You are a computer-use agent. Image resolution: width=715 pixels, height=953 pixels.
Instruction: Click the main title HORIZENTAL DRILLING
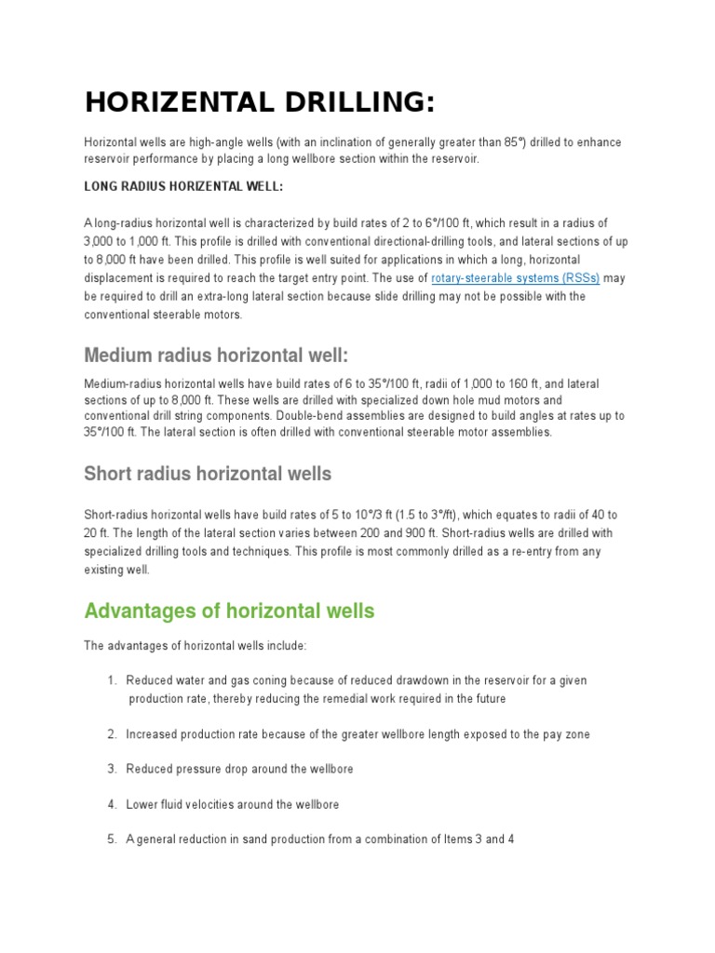260,102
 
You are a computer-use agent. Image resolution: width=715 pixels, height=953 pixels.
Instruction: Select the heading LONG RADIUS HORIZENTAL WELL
183,186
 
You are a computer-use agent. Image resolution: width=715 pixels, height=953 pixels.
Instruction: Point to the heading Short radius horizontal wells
208,474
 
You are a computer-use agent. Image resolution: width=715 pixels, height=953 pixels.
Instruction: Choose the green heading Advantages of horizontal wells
229,611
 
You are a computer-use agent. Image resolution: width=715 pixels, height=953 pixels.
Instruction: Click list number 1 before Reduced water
112,680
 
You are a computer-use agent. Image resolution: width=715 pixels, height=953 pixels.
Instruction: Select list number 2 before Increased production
112,734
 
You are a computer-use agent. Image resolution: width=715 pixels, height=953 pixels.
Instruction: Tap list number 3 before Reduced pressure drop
112,770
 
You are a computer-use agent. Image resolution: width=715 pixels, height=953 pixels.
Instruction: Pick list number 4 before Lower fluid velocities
112,804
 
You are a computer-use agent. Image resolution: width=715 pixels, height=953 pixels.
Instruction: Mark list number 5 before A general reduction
112,839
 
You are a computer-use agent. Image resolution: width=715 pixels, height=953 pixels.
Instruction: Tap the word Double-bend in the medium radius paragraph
372,416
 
